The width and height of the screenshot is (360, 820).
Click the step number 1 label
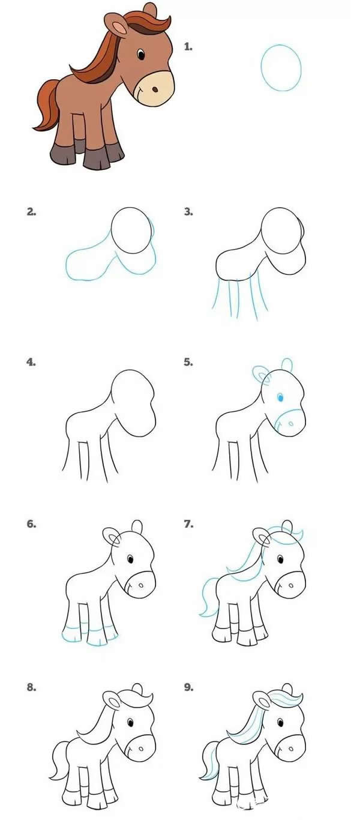[x=188, y=46]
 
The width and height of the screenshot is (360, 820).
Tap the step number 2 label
[x=30, y=212]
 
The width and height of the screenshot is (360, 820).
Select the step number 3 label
[x=188, y=212]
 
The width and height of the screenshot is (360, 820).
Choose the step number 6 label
[x=30, y=523]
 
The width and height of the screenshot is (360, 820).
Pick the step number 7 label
[x=188, y=523]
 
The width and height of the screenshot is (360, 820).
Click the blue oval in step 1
[x=281, y=67]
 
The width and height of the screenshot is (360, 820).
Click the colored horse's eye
[x=140, y=55]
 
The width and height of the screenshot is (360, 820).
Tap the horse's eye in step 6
[x=131, y=559]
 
